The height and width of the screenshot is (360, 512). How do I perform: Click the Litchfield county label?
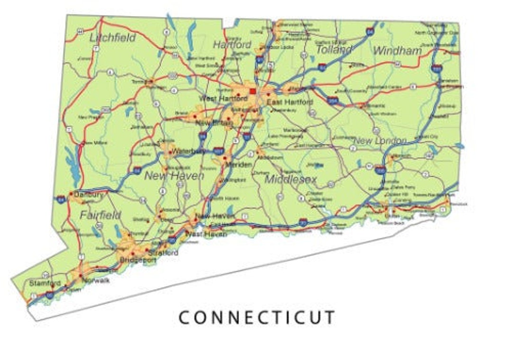point(112,38)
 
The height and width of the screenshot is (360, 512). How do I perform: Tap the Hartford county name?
point(232,45)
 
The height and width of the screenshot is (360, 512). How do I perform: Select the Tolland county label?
point(334,49)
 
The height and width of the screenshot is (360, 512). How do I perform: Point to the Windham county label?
point(397,50)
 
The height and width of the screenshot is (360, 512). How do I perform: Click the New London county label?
point(380,141)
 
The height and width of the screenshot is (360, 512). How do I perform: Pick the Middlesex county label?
point(291,179)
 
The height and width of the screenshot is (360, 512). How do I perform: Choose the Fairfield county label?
point(101,215)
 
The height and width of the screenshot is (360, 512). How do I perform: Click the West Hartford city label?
point(223,99)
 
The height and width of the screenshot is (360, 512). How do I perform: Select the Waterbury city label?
point(189,152)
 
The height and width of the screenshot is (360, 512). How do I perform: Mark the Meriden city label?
point(238,164)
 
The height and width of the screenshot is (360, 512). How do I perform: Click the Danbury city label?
point(89,195)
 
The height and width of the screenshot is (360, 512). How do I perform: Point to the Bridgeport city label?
point(137,261)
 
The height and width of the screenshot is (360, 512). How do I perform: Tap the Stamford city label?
point(45,283)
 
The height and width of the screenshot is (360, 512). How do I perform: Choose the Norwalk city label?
point(95,280)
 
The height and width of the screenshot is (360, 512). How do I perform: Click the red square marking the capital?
point(253,91)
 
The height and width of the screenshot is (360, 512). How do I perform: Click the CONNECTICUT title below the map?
point(256,317)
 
